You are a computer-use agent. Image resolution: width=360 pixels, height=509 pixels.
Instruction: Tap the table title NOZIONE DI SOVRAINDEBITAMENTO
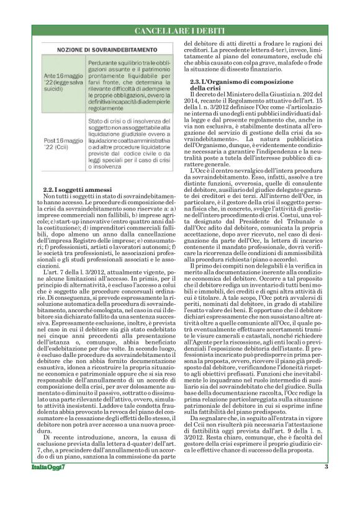tap(106, 49)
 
